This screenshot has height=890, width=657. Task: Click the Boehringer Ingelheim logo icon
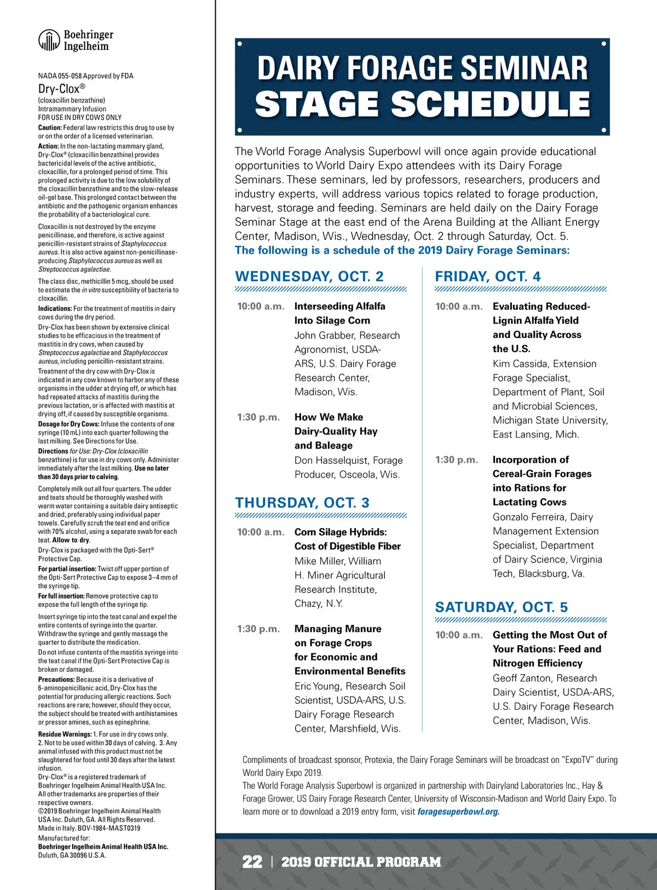click(49, 40)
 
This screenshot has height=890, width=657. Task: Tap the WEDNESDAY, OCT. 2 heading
click(309, 277)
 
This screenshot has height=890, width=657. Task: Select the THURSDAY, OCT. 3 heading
click(302, 503)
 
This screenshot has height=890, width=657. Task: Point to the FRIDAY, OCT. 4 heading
click(487, 277)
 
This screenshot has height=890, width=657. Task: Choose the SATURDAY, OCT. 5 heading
click(501, 607)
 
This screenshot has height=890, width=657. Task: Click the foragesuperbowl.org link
click(458, 812)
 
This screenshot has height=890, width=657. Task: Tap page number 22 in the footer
click(252, 862)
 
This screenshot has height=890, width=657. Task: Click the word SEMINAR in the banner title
click(524, 68)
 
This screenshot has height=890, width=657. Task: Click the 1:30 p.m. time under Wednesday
click(258, 417)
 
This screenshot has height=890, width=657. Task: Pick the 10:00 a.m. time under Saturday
click(459, 635)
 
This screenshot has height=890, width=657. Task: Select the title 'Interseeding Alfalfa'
click(339, 306)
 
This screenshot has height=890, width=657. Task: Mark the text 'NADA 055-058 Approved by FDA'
click(85, 76)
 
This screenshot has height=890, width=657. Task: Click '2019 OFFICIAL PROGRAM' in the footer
click(361, 862)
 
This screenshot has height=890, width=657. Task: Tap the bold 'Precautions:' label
click(56, 680)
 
